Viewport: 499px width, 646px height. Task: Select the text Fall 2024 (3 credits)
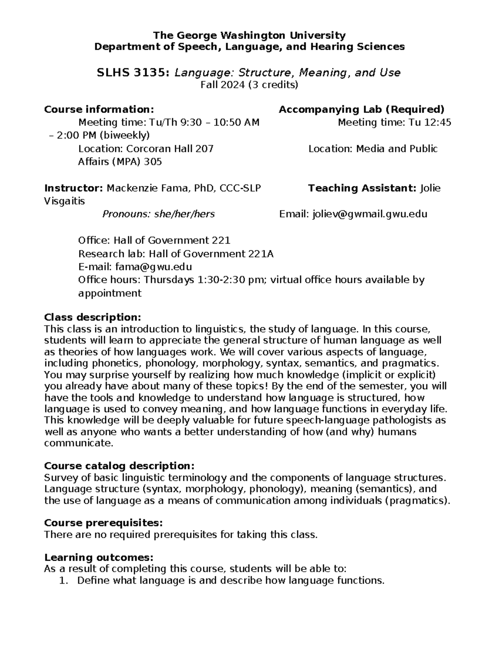click(x=249, y=85)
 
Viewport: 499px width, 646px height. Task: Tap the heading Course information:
click(x=99, y=109)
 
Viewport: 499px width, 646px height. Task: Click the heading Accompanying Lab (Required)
click(x=361, y=109)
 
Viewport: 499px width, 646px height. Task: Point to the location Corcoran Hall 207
click(x=170, y=149)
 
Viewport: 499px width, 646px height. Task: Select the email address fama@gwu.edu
click(x=153, y=267)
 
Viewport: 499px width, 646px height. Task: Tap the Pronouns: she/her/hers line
click(x=158, y=214)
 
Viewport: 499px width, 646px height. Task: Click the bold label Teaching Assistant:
click(x=362, y=188)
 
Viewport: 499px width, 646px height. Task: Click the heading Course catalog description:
click(x=119, y=465)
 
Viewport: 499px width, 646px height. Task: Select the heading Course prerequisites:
click(x=103, y=522)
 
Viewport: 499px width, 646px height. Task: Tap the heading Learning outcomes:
click(x=99, y=557)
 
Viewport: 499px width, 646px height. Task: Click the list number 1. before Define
click(x=63, y=581)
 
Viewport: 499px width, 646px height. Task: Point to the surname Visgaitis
click(x=64, y=201)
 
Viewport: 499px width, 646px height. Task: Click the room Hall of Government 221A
click(x=211, y=254)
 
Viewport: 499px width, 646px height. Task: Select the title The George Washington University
click(x=249, y=35)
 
